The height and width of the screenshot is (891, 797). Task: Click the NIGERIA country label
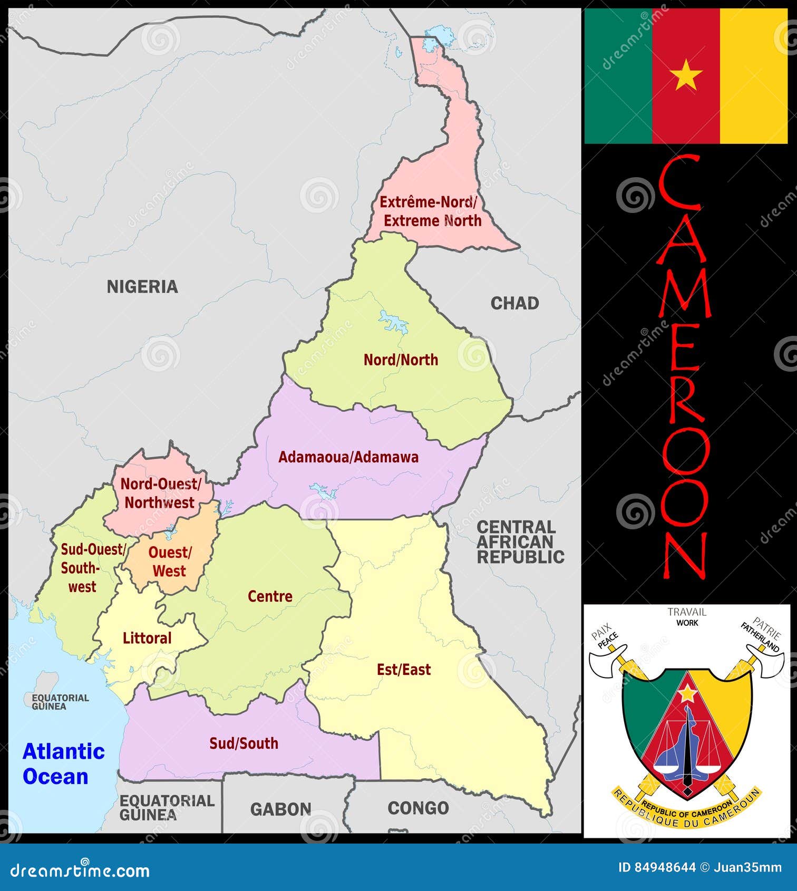tap(142, 287)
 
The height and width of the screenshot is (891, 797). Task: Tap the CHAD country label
tap(514, 303)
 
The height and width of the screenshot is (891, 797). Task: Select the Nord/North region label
tap(401, 360)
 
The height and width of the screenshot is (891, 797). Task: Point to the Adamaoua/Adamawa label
tap(348, 457)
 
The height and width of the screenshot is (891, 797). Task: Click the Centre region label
tap(270, 596)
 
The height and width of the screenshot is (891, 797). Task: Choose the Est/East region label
tap(404, 670)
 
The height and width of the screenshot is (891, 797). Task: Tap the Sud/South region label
tap(244, 743)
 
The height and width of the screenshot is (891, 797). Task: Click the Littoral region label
tap(147, 638)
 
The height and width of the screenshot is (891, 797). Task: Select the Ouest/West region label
tap(169, 562)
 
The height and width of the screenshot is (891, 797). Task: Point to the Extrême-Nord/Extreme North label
tap(430, 211)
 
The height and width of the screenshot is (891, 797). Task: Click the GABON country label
tap(280, 809)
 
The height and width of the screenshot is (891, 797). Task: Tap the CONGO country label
tap(418, 808)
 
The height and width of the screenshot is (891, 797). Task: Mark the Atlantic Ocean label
tap(63, 764)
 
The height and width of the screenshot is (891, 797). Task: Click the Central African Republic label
tap(520, 542)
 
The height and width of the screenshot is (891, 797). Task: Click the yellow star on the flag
tap(686, 75)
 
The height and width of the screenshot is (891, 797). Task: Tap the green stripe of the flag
tap(618, 75)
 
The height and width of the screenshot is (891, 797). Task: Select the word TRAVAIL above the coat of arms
tap(686, 612)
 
